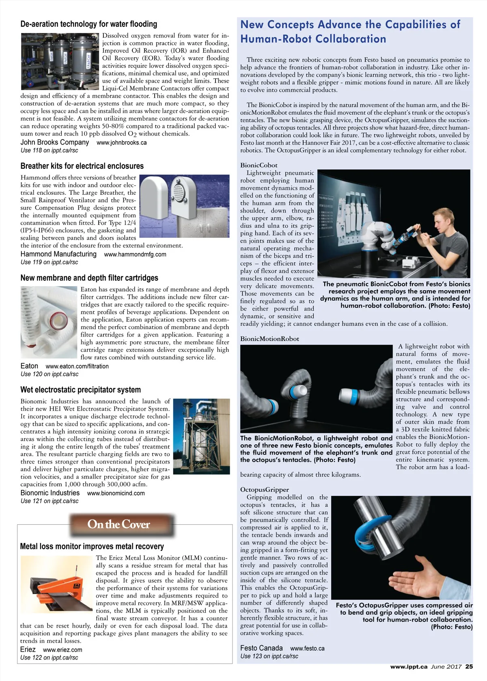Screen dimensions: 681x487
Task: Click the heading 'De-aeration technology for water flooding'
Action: (88, 24)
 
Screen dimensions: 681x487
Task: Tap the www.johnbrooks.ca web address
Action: (121, 143)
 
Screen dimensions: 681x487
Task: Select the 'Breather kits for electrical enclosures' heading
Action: (82, 166)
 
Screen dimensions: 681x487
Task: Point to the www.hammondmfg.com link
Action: (135, 254)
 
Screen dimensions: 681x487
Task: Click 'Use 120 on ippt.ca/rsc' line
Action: (49, 374)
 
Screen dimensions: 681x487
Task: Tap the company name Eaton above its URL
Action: (29, 366)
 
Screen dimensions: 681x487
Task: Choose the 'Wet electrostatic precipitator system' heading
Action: (80, 390)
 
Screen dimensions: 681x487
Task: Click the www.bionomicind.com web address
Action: (116, 494)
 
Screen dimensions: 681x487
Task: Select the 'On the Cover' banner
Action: (119, 524)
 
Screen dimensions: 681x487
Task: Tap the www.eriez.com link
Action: (62, 650)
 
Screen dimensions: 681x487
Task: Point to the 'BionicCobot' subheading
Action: (259, 165)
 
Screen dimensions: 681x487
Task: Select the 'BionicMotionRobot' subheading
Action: (269, 339)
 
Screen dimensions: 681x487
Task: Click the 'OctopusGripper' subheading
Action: (264, 489)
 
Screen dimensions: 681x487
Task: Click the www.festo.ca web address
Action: (307, 649)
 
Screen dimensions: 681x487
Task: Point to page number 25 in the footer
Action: (469, 666)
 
